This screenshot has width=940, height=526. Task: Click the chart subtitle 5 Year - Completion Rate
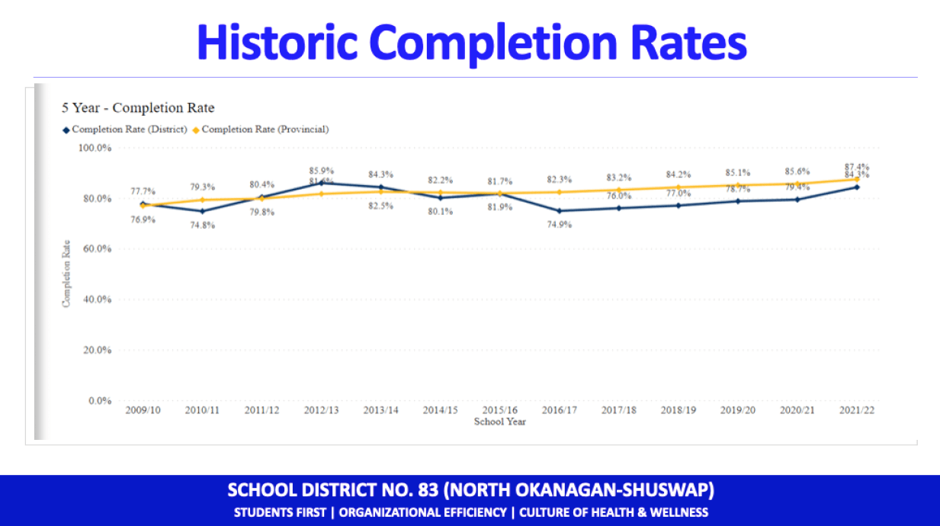(x=138, y=108)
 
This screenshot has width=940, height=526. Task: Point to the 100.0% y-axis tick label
(x=96, y=148)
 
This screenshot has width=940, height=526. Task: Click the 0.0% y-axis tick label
(x=101, y=401)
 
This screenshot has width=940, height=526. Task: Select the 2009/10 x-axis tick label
(x=143, y=410)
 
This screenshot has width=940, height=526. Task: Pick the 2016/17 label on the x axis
(x=559, y=410)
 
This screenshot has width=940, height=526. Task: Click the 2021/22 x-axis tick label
(x=856, y=410)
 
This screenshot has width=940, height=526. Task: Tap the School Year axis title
(x=499, y=422)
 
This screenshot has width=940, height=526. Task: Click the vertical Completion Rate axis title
(x=66, y=274)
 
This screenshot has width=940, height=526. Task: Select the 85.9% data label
(x=321, y=171)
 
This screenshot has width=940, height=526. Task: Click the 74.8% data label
(x=202, y=225)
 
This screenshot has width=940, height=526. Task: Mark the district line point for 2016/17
(x=559, y=211)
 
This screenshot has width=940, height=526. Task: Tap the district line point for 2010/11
(x=202, y=211)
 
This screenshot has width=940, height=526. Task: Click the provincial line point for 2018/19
(x=678, y=187)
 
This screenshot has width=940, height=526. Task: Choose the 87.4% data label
(x=856, y=167)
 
